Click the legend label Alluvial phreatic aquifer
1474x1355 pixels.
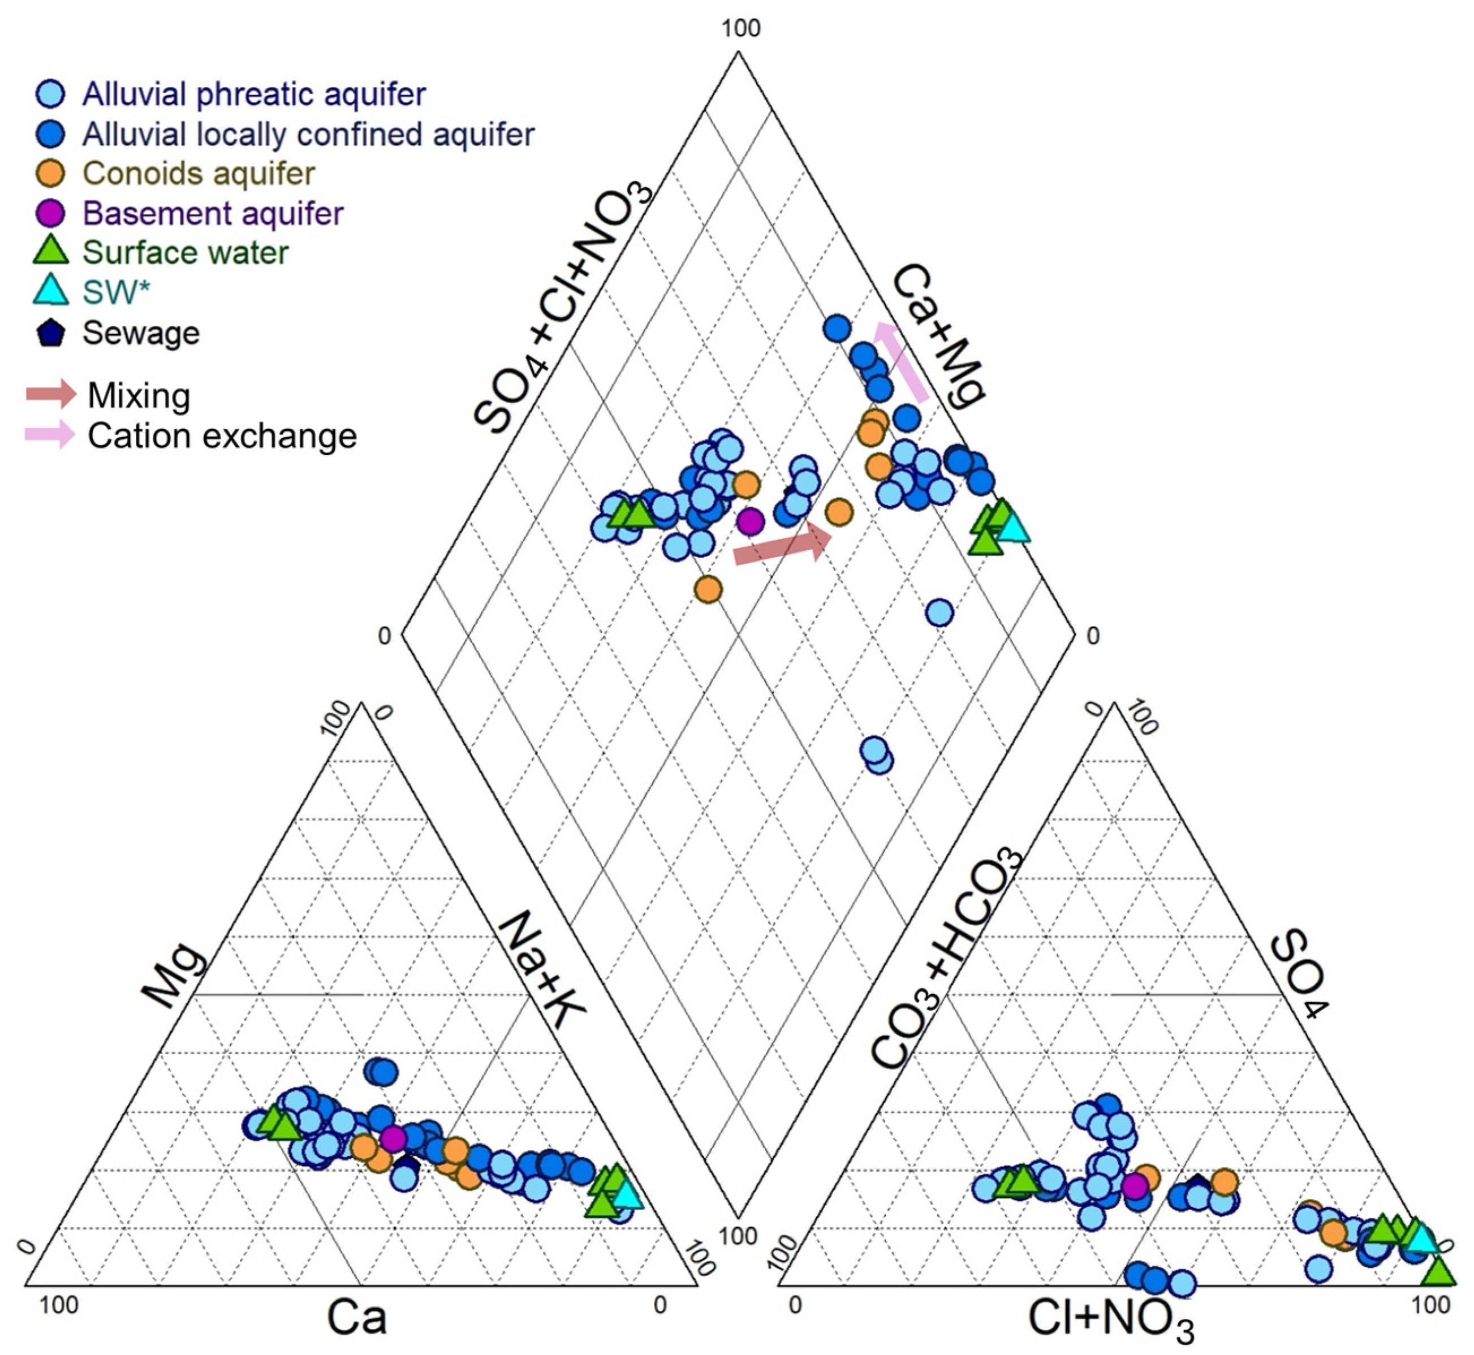tap(253, 94)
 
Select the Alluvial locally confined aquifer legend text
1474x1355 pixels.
tap(308, 134)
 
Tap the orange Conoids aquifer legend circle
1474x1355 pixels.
tap(50, 173)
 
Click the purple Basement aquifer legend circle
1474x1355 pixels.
tap(50, 213)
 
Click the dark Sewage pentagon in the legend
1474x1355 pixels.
tap(50, 333)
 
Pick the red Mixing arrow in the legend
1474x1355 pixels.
tap(50, 394)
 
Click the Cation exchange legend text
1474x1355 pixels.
tap(222, 435)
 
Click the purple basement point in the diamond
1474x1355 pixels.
tap(750, 522)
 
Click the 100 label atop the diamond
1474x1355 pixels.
tap(740, 29)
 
